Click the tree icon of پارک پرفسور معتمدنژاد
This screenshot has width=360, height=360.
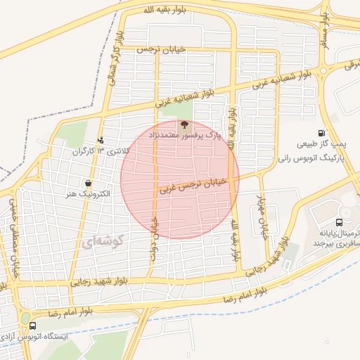point(184,124)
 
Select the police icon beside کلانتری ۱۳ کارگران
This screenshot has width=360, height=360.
point(101,140)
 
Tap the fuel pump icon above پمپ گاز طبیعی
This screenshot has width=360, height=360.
point(322,133)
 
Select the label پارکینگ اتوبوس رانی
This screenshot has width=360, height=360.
point(314,159)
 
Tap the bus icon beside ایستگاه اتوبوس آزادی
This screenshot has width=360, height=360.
point(33,326)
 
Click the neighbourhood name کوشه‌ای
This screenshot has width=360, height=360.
point(103,242)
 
